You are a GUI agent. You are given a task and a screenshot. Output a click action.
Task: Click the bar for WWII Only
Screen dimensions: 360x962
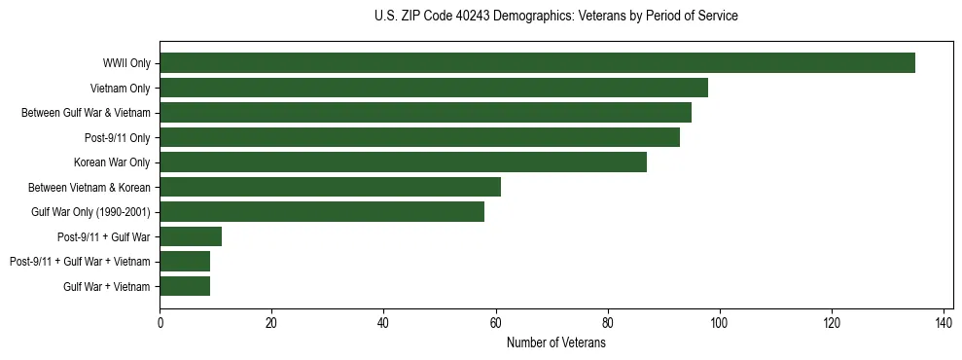coord(537,63)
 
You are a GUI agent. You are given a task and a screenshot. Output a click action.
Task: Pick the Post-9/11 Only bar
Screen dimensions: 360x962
coord(419,137)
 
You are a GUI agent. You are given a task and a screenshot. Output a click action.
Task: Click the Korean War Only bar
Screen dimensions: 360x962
coord(403,162)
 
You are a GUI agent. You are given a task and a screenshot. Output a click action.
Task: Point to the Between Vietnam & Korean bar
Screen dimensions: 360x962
coord(330,187)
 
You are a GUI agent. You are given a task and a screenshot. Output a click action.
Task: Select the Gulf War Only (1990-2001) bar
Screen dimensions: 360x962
coord(322,212)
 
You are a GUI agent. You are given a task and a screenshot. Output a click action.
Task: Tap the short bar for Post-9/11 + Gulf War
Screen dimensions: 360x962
coord(191,236)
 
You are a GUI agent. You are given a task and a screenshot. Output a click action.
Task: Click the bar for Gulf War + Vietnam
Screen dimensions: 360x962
coord(185,286)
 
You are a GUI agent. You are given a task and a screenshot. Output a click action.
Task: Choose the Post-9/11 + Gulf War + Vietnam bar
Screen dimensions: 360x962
coord(185,261)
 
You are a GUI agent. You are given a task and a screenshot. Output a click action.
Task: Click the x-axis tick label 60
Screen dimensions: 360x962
coord(495,322)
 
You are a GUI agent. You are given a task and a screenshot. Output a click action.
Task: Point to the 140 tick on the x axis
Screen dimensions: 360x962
coord(944,322)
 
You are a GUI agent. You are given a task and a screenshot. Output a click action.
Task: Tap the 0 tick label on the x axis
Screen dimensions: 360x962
coord(160,322)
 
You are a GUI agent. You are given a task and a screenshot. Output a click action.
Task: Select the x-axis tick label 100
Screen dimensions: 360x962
coord(720,322)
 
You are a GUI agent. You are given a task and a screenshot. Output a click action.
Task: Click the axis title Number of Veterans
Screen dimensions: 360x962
coord(556,342)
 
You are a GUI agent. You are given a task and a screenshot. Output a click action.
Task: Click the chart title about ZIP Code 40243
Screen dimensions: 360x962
coord(555,17)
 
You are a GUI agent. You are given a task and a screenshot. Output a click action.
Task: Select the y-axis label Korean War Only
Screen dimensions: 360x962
coord(112,162)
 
